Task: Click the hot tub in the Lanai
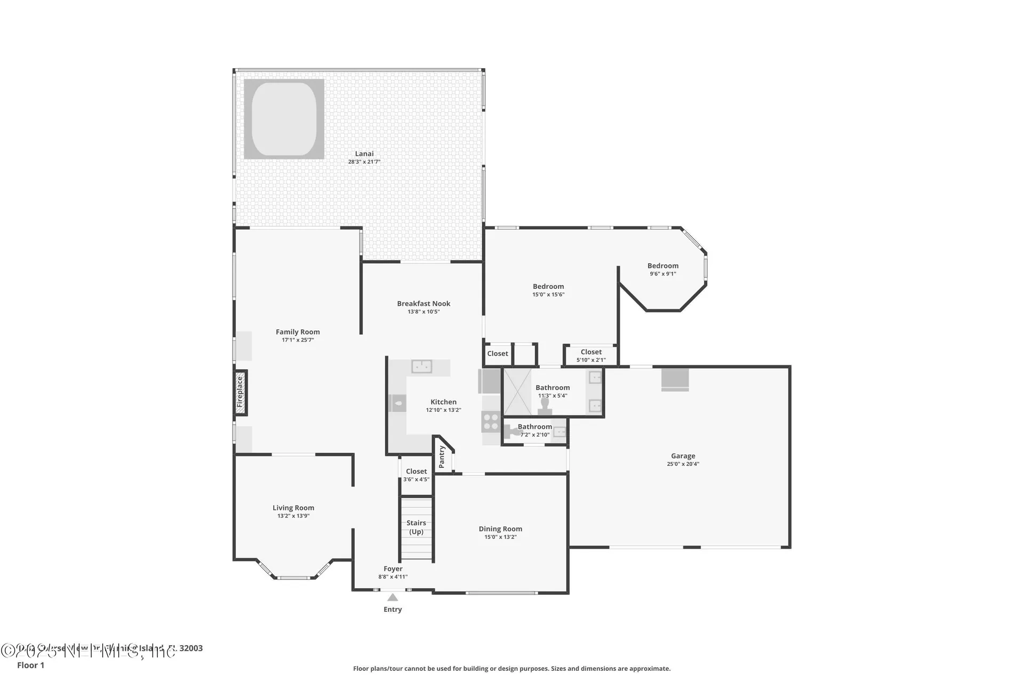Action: coord(284,119)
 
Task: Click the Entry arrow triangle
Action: coord(393,597)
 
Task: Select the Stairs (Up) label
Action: coord(416,527)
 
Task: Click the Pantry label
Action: coord(442,457)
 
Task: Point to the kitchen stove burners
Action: coord(490,422)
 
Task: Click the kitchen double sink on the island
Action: coord(422,367)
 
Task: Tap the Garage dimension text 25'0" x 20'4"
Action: coord(683,464)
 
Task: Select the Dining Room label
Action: coord(500,529)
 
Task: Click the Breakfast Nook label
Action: coord(423,304)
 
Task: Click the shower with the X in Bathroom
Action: coord(517,392)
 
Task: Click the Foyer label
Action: coord(393,569)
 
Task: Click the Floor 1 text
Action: coord(30,665)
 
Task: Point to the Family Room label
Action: coord(298,332)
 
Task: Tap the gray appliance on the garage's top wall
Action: coord(675,379)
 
